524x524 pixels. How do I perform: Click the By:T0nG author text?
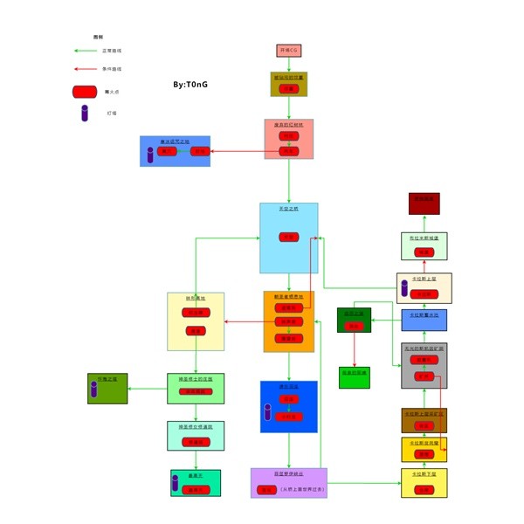coord(190,85)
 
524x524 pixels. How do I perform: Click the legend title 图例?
coord(99,37)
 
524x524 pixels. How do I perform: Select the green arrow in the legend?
coord(85,52)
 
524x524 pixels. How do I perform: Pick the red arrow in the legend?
coord(85,69)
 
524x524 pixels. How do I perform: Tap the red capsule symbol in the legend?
coord(85,92)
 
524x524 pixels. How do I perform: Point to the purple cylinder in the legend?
coord(85,114)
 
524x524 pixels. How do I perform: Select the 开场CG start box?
coord(289,51)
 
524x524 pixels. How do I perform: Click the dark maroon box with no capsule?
coord(424,203)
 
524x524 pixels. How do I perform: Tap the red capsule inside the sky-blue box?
coord(288,237)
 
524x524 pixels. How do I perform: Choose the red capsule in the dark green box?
coord(354,327)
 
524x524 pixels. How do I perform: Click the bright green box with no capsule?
coord(354,377)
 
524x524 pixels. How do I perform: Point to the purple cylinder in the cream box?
coord(404,287)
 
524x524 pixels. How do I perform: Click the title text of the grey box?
coord(424,348)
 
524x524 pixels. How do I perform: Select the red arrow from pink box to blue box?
coord(245,152)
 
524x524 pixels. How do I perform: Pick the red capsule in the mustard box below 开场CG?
coord(288,89)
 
